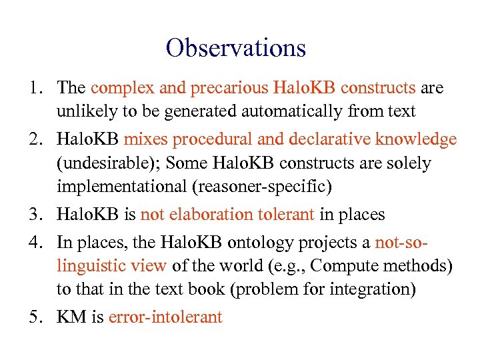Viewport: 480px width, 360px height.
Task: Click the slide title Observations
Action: tap(236, 48)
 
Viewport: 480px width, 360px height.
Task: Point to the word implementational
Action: tap(121, 187)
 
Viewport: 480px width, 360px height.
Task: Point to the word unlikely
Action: tap(83, 111)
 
